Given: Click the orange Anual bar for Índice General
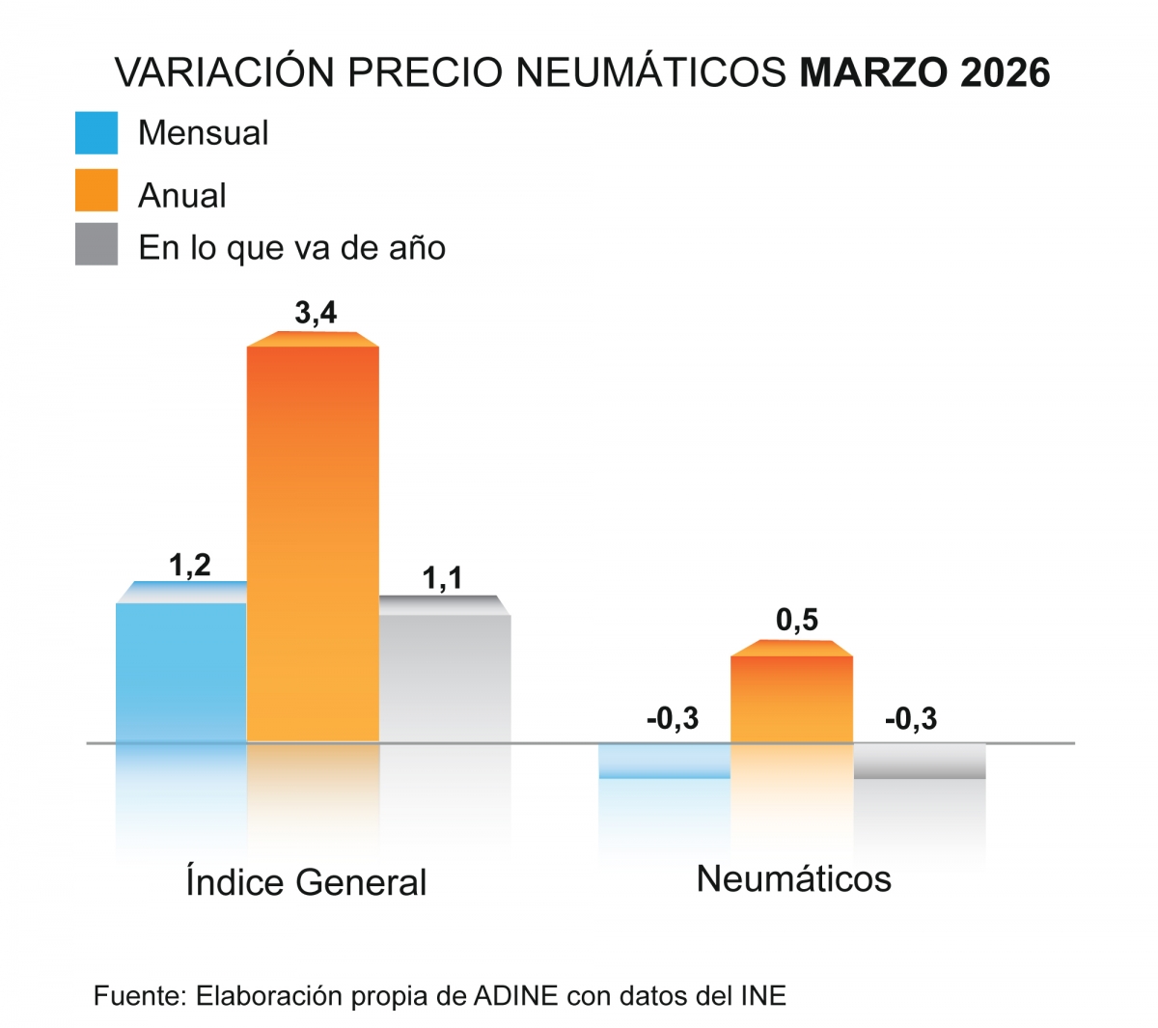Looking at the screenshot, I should click(x=313, y=541).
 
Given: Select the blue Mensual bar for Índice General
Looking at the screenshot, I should click(x=181, y=671).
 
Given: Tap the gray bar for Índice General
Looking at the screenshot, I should click(x=444, y=676).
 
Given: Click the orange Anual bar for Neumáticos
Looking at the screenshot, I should click(x=791, y=698).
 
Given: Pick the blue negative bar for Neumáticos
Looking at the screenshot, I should click(x=664, y=761).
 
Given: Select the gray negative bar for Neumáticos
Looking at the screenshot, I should click(x=920, y=761).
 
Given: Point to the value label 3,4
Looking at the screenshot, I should click(x=316, y=313).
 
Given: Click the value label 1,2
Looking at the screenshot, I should click(x=190, y=565).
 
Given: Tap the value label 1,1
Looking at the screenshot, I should click(x=442, y=578).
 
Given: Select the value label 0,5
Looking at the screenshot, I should click(x=797, y=620).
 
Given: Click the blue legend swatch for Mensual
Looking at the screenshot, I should click(x=96, y=133).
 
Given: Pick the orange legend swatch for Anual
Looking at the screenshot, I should click(x=96, y=190).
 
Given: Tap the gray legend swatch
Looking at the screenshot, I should click(x=96, y=244).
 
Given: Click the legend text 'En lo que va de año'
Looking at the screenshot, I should click(x=291, y=248).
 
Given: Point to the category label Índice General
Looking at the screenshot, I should click(x=306, y=881).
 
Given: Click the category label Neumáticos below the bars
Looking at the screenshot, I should click(x=793, y=878).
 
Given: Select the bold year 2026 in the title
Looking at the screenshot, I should click(x=1005, y=73).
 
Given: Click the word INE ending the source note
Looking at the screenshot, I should click(x=763, y=996).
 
